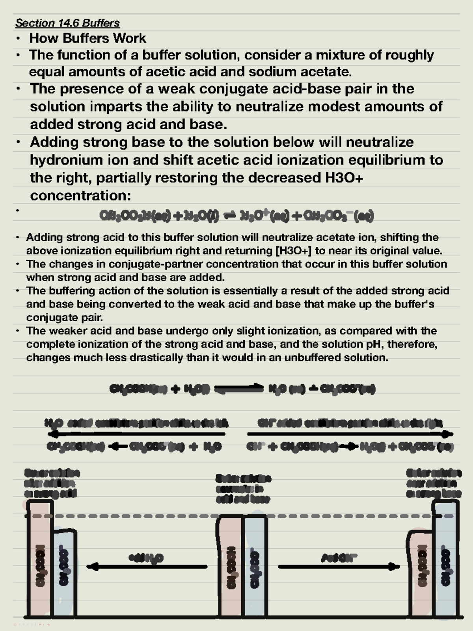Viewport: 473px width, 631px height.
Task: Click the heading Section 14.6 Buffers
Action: pos(67,23)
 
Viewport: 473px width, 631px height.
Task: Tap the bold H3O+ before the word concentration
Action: pos(344,178)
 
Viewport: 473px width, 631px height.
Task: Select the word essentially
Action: pos(249,291)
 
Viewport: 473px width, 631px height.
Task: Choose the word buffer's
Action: pos(412,304)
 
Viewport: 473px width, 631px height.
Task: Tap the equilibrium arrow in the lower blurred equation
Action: pos(239,389)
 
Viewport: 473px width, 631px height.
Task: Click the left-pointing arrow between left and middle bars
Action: pos(147,567)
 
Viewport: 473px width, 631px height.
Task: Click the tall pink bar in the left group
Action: pos(39,560)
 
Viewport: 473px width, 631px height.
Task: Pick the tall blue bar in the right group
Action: pos(446,560)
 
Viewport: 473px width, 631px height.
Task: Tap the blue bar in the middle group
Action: pos(255,568)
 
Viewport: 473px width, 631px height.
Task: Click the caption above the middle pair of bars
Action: pos(243,489)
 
